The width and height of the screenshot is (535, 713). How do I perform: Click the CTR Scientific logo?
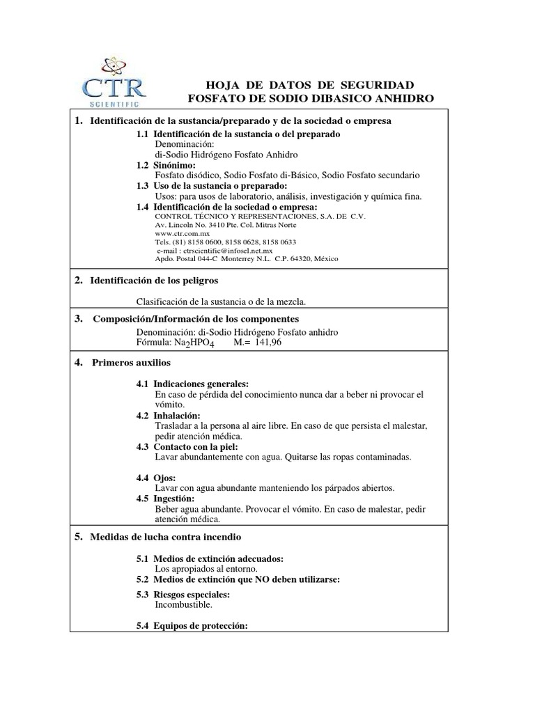pos(114,82)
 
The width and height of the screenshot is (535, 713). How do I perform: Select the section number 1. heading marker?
pos(79,121)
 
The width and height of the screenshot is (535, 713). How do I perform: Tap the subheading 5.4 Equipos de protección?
pos(192,626)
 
